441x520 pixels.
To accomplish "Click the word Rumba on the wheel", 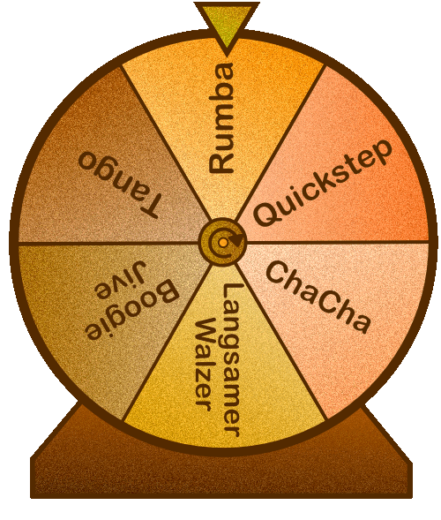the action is [221, 117].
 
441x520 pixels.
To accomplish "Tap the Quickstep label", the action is [323, 184].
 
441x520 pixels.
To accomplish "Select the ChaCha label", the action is [318, 297].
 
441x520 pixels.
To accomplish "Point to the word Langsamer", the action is [231, 360].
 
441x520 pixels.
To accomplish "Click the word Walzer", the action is [204, 364].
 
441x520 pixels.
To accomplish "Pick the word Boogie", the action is [132, 310].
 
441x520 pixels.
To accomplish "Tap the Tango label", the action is [120, 185].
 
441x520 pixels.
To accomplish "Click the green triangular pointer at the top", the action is [227, 24].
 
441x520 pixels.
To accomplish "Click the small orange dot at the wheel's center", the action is [223, 243].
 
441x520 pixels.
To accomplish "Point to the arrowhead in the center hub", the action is [237, 239].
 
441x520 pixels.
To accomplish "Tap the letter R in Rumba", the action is [221, 162].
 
